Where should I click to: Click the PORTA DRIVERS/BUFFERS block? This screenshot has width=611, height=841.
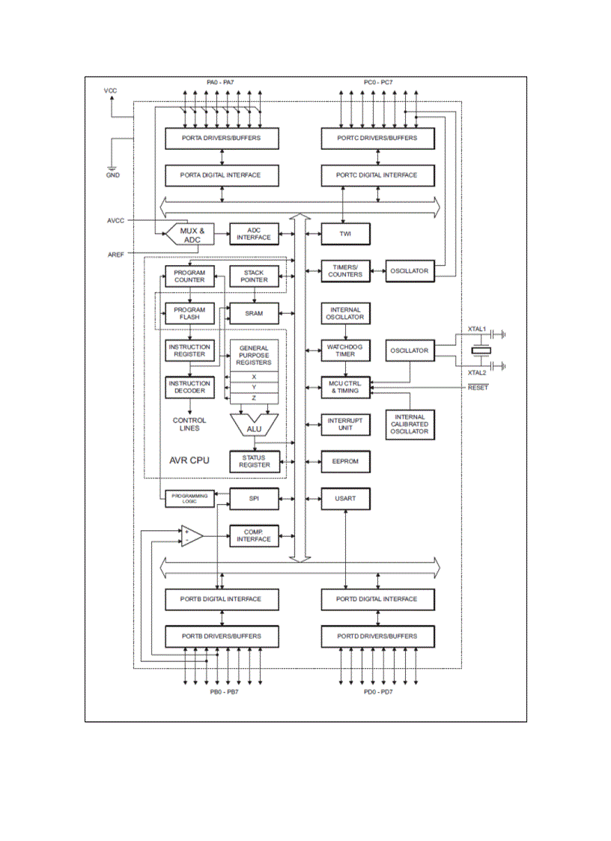pyautogui.click(x=222, y=139)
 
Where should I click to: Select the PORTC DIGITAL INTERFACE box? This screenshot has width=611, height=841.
pyautogui.click(x=379, y=175)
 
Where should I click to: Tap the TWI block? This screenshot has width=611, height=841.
pyautogui.click(x=345, y=234)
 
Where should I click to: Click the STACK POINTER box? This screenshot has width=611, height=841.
pyautogui.click(x=254, y=276)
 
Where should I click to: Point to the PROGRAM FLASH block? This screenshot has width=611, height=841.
pyautogui.click(x=189, y=313)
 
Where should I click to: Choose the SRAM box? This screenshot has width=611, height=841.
pyautogui.click(x=254, y=313)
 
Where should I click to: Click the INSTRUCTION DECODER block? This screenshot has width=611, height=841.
pyautogui.click(x=189, y=387)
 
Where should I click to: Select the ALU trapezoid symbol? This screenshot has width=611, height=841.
pyautogui.click(x=254, y=428)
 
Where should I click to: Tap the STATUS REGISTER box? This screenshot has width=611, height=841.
pyautogui.click(x=254, y=461)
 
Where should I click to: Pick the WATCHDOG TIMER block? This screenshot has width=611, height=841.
pyautogui.click(x=345, y=350)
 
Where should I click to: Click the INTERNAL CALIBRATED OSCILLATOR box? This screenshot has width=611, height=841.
pyautogui.click(x=409, y=425)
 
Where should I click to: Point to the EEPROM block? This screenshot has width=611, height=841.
pyautogui.click(x=345, y=461)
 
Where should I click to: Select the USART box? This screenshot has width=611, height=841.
pyautogui.click(x=345, y=498)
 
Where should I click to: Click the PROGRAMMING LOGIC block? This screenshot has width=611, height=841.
pyautogui.click(x=189, y=498)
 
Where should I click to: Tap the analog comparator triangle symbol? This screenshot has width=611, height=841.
pyautogui.click(x=192, y=535)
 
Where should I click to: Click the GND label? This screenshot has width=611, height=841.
pyautogui.click(x=112, y=175)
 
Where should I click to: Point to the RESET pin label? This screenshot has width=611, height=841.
pyautogui.click(x=478, y=387)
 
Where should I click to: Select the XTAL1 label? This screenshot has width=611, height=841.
pyautogui.click(x=477, y=330)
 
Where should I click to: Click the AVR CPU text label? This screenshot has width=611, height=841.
pyautogui.click(x=189, y=460)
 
